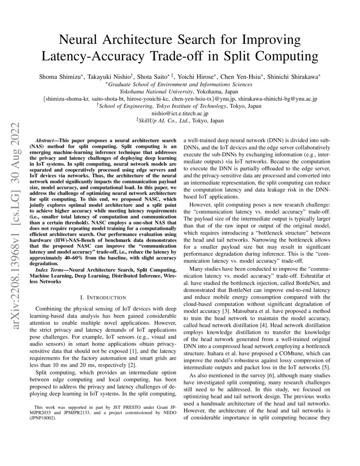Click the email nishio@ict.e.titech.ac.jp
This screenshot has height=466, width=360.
180,113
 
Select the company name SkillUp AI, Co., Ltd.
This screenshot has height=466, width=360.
166,121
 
